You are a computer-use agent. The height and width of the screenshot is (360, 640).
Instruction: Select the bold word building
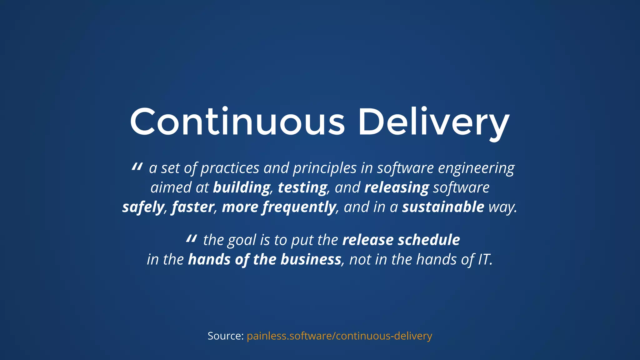[242, 187]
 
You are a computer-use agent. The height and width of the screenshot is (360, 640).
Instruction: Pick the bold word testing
[302, 187]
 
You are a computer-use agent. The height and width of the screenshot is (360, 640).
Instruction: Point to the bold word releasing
[397, 187]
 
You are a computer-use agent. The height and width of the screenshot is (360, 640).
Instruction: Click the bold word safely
[143, 207]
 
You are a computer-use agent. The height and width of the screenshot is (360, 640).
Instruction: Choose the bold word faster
[192, 207]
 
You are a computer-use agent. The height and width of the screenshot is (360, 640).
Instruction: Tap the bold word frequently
[299, 207]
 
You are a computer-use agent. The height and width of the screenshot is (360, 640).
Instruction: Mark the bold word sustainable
[443, 207]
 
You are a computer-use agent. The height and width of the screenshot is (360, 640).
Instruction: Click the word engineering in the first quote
[476, 168]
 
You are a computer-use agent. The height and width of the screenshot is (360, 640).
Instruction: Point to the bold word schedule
[429, 240]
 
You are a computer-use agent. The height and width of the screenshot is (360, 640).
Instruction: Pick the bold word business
[311, 259]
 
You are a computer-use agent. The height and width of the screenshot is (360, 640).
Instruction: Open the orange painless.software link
[339, 336]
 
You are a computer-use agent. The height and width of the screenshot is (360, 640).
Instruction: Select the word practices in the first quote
[230, 168]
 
